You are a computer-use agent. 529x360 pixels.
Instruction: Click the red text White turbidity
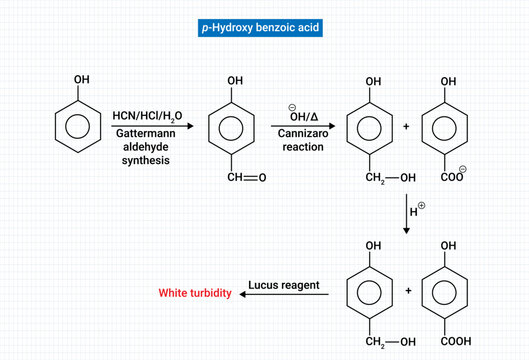(x=196, y=294)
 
